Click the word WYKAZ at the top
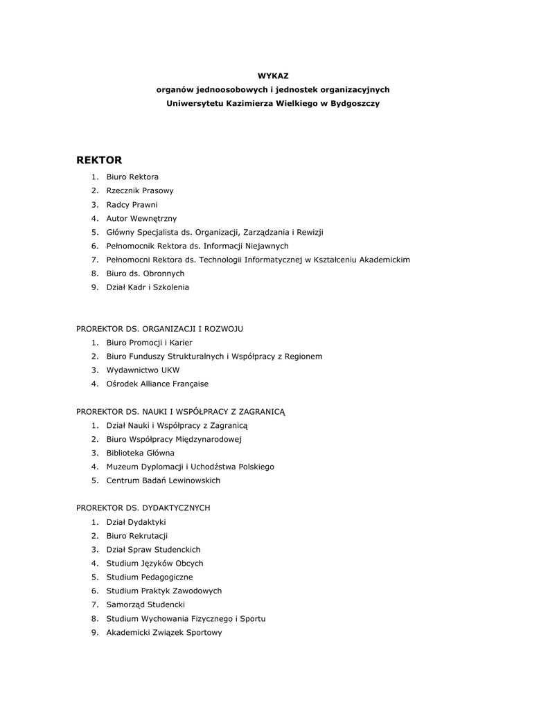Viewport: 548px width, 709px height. pyautogui.click(x=273, y=75)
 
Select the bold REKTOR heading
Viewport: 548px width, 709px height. pyautogui.click(x=99, y=160)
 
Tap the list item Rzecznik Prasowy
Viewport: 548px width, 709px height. pyautogui.click(x=140, y=190)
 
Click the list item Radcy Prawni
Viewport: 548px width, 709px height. pyautogui.click(x=132, y=204)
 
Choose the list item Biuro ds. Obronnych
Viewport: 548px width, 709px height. pyautogui.click(x=145, y=273)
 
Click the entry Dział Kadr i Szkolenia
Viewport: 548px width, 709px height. pyautogui.click(x=148, y=287)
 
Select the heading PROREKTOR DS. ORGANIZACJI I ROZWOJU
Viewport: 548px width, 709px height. pyautogui.click(x=159, y=329)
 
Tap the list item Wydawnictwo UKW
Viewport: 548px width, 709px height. pyautogui.click(x=143, y=370)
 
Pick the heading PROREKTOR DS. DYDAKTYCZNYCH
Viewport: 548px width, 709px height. pyautogui.click(x=143, y=508)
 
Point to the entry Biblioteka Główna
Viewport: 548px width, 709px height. pyautogui.click(x=140, y=453)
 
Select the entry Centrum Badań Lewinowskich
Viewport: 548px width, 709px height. pyautogui.click(x=163, y=481)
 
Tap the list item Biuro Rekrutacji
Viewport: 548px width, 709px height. pyautogui.click(x=137, y=536)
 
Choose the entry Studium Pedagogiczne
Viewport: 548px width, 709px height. pyautogui.click(x=150, y=577)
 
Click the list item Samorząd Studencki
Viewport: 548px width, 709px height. pyautogui.click(x=145, y=604)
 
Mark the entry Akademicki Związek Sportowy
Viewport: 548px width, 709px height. pyautogui.click(x=164, y=632)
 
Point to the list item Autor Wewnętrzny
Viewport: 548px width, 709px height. pyautogui.click(x=141, y=218)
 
